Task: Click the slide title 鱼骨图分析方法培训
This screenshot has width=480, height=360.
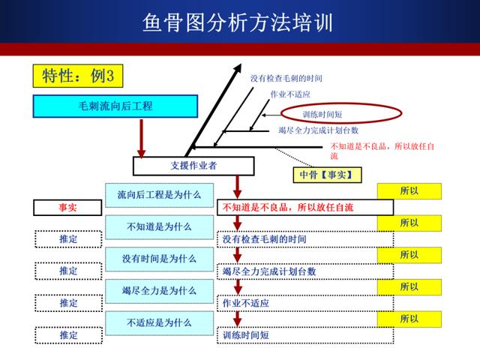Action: click(x=238, y=22)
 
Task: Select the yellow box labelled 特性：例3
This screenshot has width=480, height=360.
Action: click(x=78, y=76)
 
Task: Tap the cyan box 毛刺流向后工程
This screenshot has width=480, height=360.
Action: click(x=115, y=106)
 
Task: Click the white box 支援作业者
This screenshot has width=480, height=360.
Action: click(x=193, y=166)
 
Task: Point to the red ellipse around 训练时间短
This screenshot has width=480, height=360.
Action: click(x=341, y=103)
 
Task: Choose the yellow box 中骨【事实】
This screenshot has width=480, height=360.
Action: click(x=327, y=175)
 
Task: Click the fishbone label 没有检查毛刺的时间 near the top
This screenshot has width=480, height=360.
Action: click(x=286, y=78)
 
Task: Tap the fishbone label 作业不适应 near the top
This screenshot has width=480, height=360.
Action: click(x=290, y=94)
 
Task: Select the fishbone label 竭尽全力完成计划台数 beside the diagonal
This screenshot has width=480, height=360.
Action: click(x=318, y=130)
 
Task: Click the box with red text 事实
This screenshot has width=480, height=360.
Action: click(x=67, y=208)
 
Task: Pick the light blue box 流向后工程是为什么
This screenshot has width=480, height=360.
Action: click(x=159, y=195)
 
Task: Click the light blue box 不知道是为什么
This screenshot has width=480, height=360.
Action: click(x=159, y=227)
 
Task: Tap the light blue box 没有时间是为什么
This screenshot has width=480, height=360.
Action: click(x=159, y=259)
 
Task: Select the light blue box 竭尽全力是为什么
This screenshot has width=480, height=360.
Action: click(x=159, y=291)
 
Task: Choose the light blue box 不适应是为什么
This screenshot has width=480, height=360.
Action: click(x=159, y=323)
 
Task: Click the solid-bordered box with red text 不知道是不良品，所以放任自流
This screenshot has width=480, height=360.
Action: click(x=305, y=208)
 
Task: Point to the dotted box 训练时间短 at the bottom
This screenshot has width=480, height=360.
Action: click(x=305, y=335)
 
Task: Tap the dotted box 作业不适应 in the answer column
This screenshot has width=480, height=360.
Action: click(x=305, y=303)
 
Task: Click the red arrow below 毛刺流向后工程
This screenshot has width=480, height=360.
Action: click(x=141, y=139)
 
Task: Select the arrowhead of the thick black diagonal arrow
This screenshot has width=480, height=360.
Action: click(x=237, y=69)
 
